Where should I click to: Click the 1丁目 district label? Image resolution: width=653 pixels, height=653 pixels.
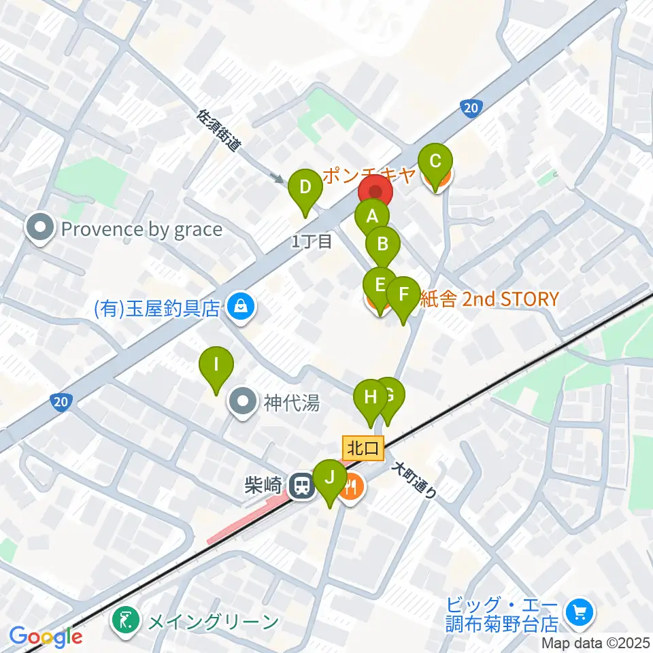311,241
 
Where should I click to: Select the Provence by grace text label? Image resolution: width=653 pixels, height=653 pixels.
141,229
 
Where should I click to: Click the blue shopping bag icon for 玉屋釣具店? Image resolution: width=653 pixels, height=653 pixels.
241,307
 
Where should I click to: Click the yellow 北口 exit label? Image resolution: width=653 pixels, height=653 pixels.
364,448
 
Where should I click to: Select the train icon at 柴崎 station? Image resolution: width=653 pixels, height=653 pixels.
300,486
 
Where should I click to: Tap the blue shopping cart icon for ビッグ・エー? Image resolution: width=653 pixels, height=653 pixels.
580,614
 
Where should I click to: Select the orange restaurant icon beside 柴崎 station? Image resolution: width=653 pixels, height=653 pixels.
352,487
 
